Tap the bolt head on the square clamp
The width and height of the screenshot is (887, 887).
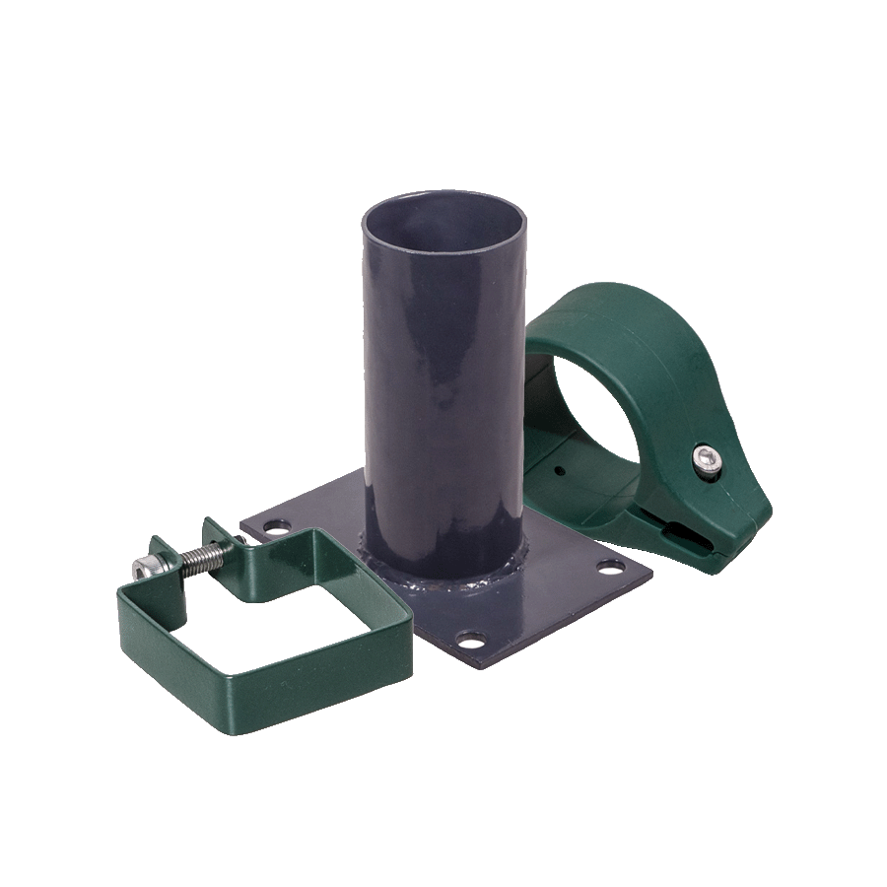pos(145,568)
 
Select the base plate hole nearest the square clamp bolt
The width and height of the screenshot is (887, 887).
pos(279,529)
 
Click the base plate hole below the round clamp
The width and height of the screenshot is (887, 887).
pos(611,567)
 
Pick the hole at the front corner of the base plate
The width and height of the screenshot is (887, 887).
pos(472,642)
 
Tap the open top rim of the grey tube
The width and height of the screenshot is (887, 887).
pos(443,197)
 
